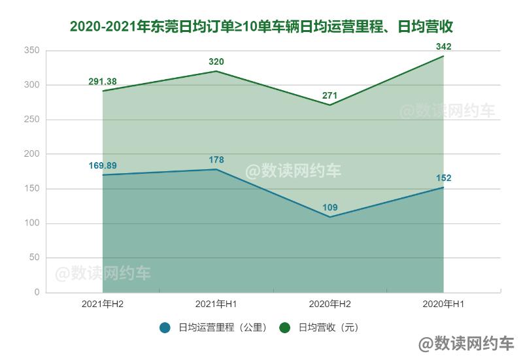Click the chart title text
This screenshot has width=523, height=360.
261,27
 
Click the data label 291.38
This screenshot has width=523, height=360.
103,82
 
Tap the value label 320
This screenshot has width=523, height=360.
216,62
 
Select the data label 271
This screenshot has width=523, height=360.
330,96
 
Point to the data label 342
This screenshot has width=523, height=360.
444,46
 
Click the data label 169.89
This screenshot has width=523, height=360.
103,165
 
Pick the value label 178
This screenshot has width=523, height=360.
216,160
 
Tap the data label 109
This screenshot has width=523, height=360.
330,208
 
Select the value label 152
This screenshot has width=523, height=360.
444,178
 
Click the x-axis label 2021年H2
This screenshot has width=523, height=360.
103,304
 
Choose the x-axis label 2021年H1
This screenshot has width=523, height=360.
216,304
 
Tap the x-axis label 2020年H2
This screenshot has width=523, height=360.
330,304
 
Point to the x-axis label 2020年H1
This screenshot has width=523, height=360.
444,304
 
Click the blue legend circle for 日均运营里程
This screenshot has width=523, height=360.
165,327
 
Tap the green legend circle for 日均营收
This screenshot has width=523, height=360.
284,327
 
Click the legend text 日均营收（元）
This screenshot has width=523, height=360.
329,327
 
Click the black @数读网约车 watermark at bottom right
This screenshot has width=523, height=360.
466,344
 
